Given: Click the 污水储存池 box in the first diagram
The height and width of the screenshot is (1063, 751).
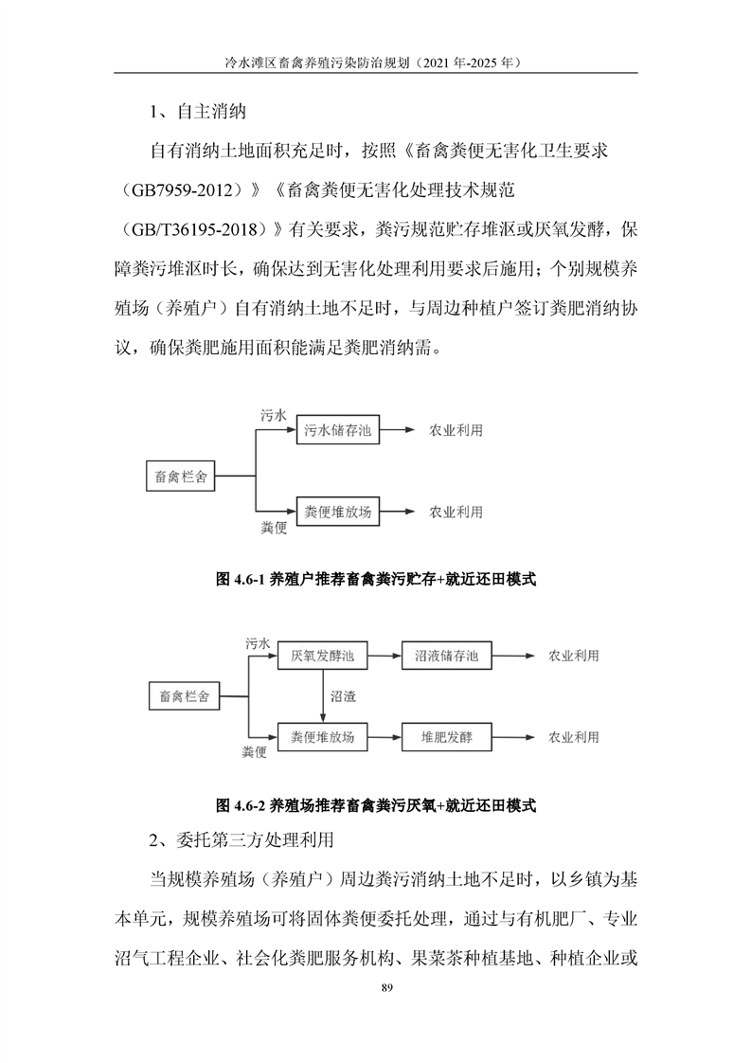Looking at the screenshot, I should click(338, 430).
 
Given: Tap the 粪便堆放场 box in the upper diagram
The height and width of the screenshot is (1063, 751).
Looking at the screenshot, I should click(338, 512).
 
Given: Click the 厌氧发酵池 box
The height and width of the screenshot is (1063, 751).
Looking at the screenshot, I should click(322, 656).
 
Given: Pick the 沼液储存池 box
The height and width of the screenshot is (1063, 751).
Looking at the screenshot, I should click(446, 656).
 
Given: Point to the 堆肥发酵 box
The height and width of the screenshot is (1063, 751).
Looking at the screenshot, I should click(446, 736).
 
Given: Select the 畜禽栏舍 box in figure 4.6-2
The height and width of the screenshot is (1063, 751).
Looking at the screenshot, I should click(185, 695).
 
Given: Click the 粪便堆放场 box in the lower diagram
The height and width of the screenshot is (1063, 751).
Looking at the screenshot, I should click(322, 736).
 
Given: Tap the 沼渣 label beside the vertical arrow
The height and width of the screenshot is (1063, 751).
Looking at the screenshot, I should click(343, 695).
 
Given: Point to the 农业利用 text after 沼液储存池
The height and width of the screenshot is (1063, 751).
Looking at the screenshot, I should click(572, 656).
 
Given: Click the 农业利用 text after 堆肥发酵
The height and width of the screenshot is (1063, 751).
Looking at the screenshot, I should click(572, 736).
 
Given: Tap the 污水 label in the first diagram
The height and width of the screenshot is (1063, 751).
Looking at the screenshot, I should click(274, 415).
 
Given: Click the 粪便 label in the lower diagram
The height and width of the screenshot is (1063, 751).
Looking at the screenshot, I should click(255, 751).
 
